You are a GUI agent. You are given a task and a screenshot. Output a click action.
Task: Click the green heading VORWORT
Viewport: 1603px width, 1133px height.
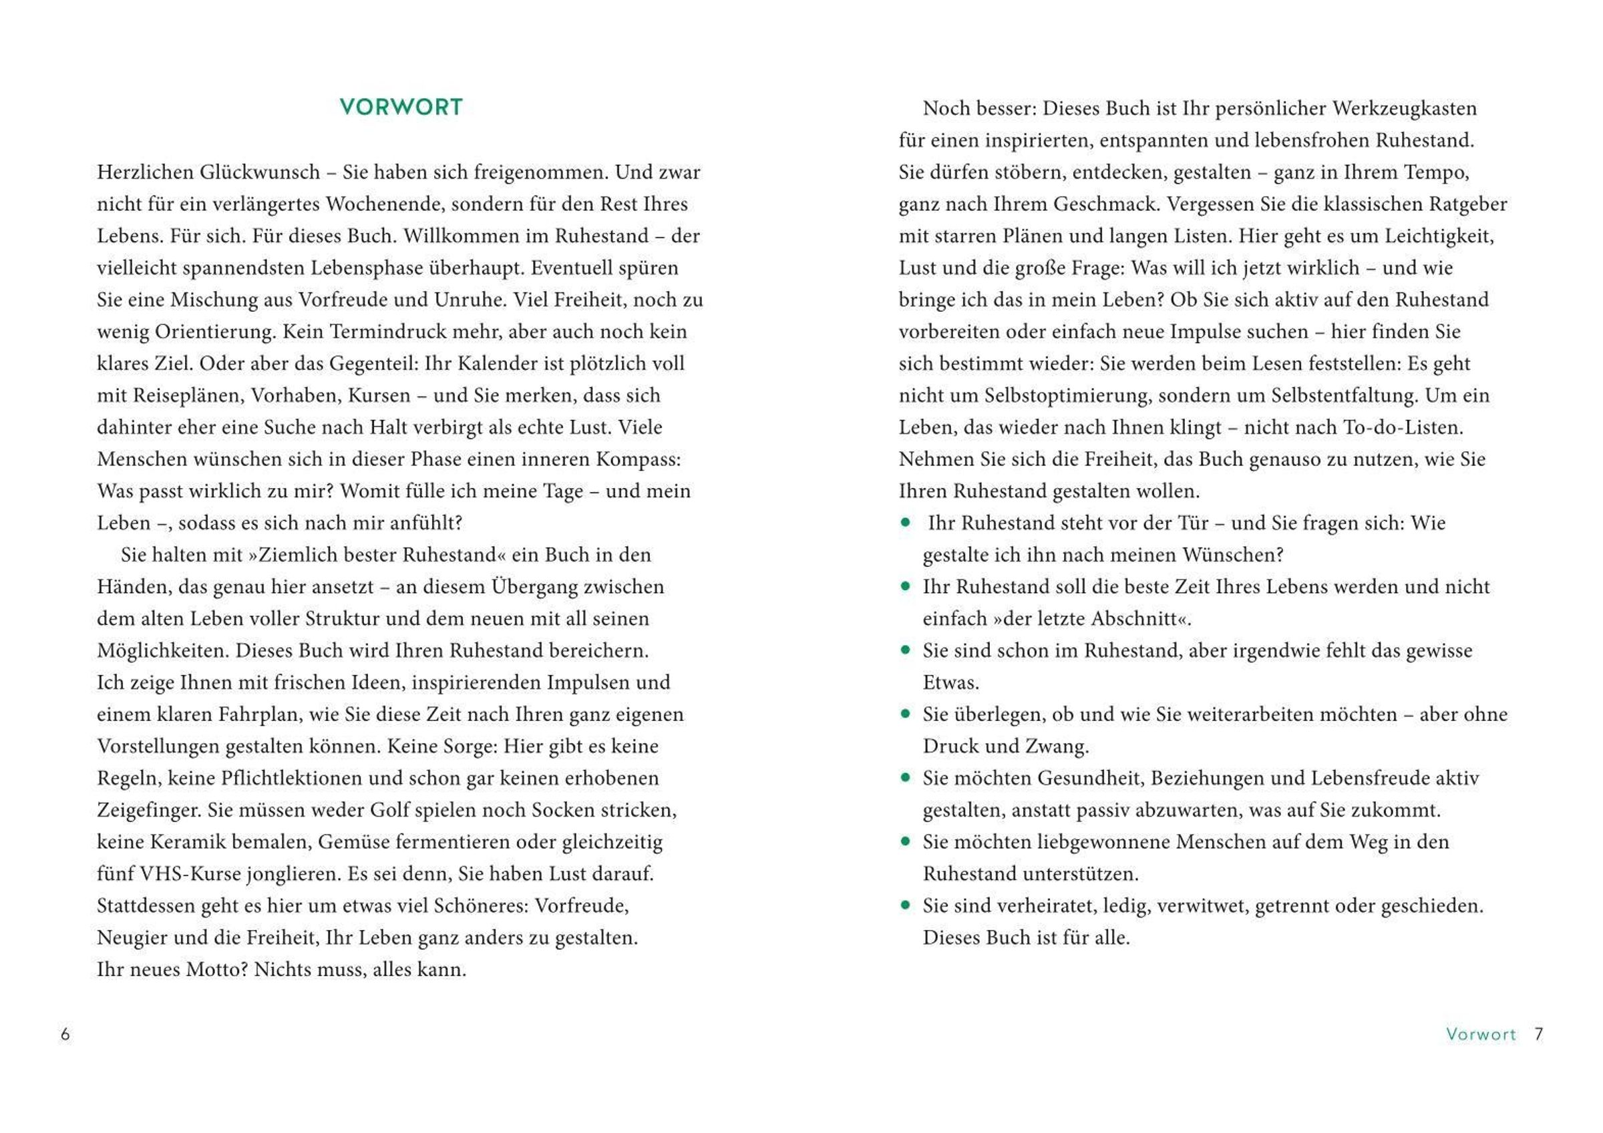click(x=401, y=107)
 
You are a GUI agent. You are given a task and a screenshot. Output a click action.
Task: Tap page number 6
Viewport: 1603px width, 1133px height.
click(x=65, y=1034)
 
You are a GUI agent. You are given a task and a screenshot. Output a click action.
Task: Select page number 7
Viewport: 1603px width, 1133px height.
click(x=1539, y=1034)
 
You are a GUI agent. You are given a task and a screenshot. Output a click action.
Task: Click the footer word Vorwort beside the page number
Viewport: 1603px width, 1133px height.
click(x=1481, y=1034)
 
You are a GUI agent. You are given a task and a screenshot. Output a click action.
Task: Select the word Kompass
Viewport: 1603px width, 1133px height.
click(x=637, y=459)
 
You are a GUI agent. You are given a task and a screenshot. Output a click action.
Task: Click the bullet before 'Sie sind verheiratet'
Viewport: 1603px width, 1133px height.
click(x=906, y=905)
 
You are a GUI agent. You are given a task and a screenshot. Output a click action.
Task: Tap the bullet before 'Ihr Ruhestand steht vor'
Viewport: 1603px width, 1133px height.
click(x=906, y=522)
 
